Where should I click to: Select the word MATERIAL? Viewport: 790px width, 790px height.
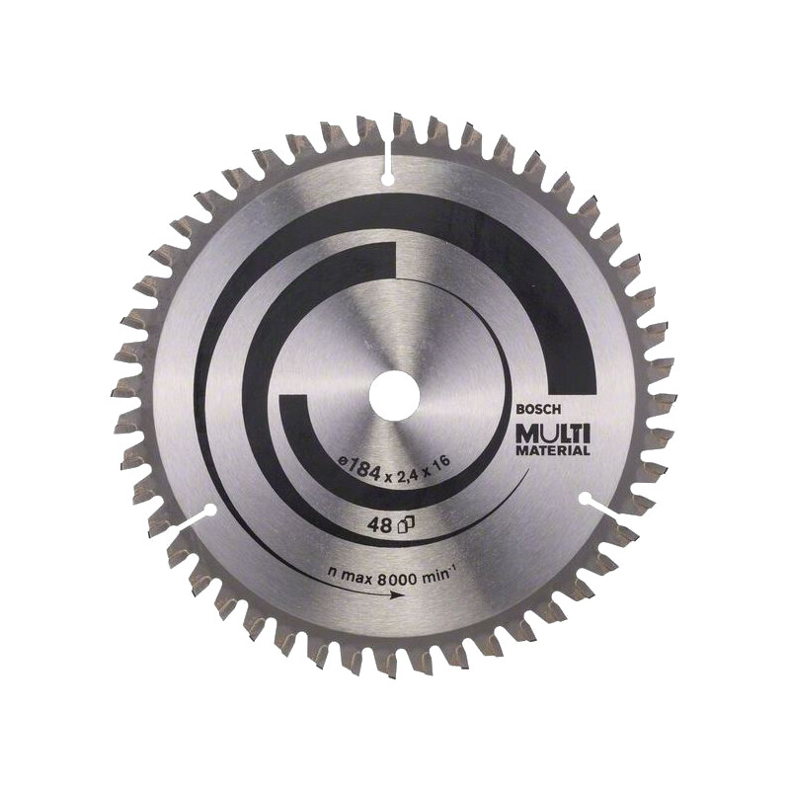tap(550, 450)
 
